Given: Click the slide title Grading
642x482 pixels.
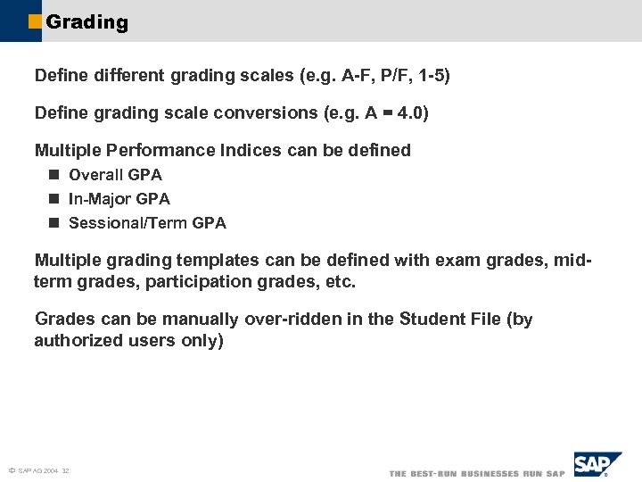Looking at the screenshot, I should point(86,22).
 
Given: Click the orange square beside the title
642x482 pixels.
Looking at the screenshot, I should point(35,22).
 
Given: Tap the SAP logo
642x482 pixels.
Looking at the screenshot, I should point(597,465).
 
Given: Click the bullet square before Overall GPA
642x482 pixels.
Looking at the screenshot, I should point(53,175).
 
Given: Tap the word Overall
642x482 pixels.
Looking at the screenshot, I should point(96,175).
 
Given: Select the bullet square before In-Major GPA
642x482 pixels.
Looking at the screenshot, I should point(53,199).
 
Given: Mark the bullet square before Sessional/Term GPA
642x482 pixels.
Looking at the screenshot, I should point(53,223).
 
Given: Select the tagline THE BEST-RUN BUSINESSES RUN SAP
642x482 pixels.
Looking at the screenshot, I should point(477,473).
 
